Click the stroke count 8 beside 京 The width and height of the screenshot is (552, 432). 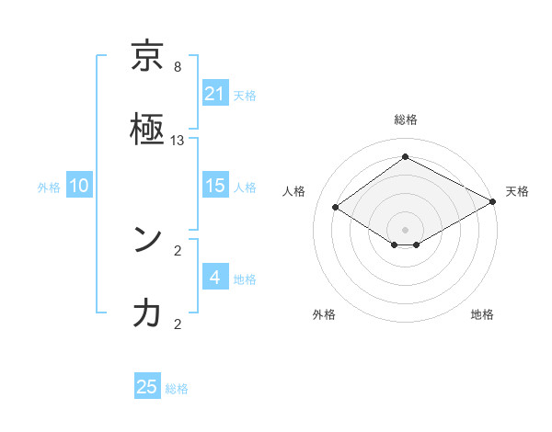pos(178,67)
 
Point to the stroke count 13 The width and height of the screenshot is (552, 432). pos(178,141)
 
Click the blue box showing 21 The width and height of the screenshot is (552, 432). pos(215,94)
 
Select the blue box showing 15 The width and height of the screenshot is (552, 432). pos(215,186)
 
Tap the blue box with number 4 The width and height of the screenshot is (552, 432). pos(215,278)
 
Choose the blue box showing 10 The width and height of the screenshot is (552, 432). pos(79,186)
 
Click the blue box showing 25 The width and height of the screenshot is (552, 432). pos(147,387)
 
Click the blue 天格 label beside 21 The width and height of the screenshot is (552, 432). pos(245,95)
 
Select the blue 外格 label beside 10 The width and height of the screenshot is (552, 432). pos(49,187)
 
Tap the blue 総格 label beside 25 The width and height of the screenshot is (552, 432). pos(177,389)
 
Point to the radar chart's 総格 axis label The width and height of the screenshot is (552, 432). pos(406,119)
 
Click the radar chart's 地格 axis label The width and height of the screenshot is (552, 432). pos(482,314)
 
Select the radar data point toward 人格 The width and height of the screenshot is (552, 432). pos(336,207)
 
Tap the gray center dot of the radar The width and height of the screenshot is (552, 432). pos(406,229)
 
